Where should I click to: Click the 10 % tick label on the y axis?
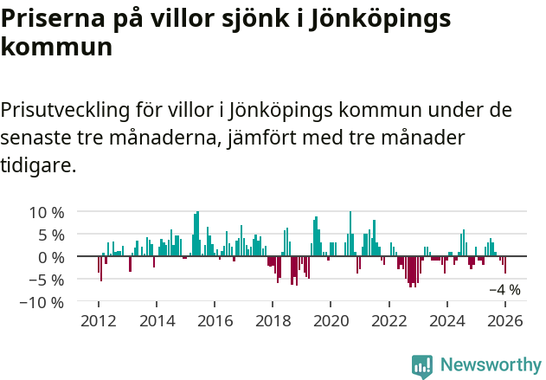coord(45,212)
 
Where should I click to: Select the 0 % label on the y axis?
coord(49,257)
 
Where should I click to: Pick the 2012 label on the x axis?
coord(99,321)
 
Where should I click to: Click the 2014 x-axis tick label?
coord(157,321)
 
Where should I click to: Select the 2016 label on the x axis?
coord(215,321)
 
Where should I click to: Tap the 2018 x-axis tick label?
coord(273,321)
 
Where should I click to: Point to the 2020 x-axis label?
coord(331,321)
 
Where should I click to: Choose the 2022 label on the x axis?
coord(389,321)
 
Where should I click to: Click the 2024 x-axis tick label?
coord(447,321)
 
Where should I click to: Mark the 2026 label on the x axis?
coord(505,321)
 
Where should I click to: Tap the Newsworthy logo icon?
coord(421,365)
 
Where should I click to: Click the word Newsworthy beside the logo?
coord(490,365)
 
